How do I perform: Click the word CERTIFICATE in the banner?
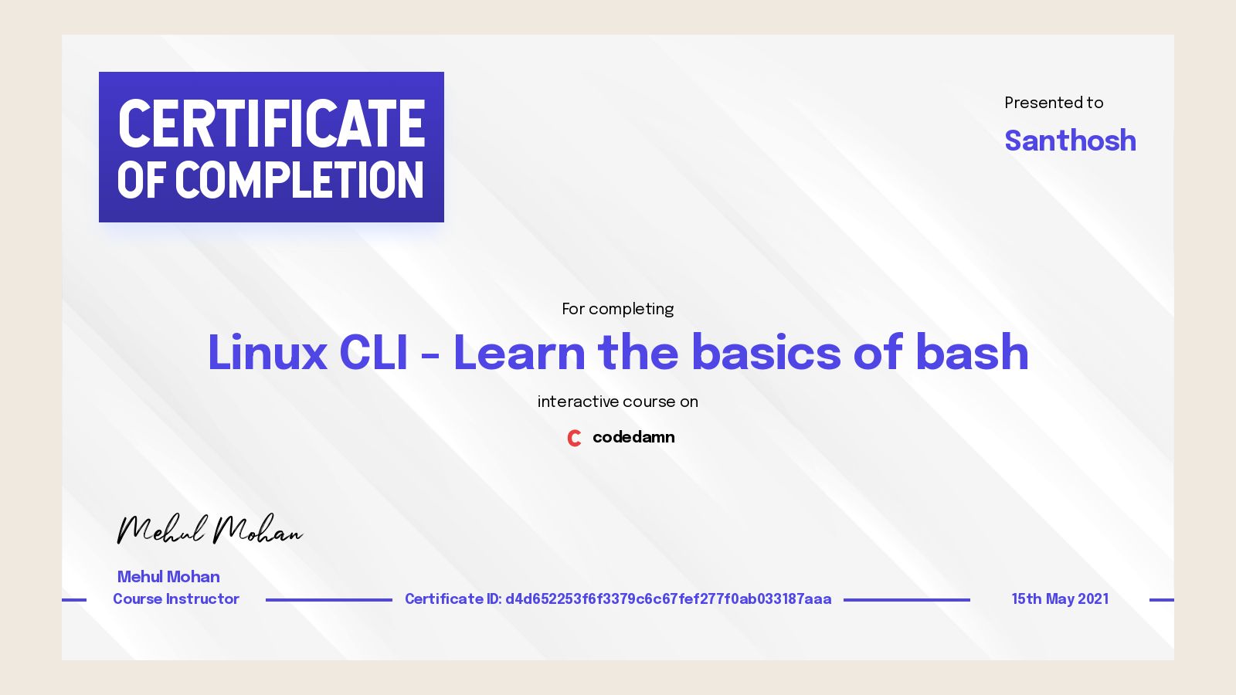(x=271, y=124)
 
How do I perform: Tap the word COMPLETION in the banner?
(x=300, y=181)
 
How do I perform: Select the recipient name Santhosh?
(x=1070, y=141)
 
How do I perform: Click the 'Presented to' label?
(x=1054, y=103)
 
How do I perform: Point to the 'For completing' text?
(x=617, y=309)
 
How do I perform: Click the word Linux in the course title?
(x=267, y=353)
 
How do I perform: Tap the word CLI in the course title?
(x=373, y=353)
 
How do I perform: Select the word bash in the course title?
(x=972, y=353)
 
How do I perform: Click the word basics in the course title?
(x=765, y=353)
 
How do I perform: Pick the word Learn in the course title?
(x=519, y=353)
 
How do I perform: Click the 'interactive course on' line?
(x=617, y=402)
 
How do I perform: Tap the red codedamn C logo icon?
(x=574, y=438)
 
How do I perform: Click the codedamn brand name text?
(x=633, y=437)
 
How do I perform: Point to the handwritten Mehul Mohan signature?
(x=209, y=530)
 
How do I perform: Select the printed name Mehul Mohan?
(x=168, y=577)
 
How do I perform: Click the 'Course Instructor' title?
(x=176, y=599)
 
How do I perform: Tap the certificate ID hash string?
(x=668, y=599)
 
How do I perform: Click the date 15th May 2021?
(x=1060, y=599)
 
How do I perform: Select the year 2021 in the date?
(x=1093, y=599)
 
